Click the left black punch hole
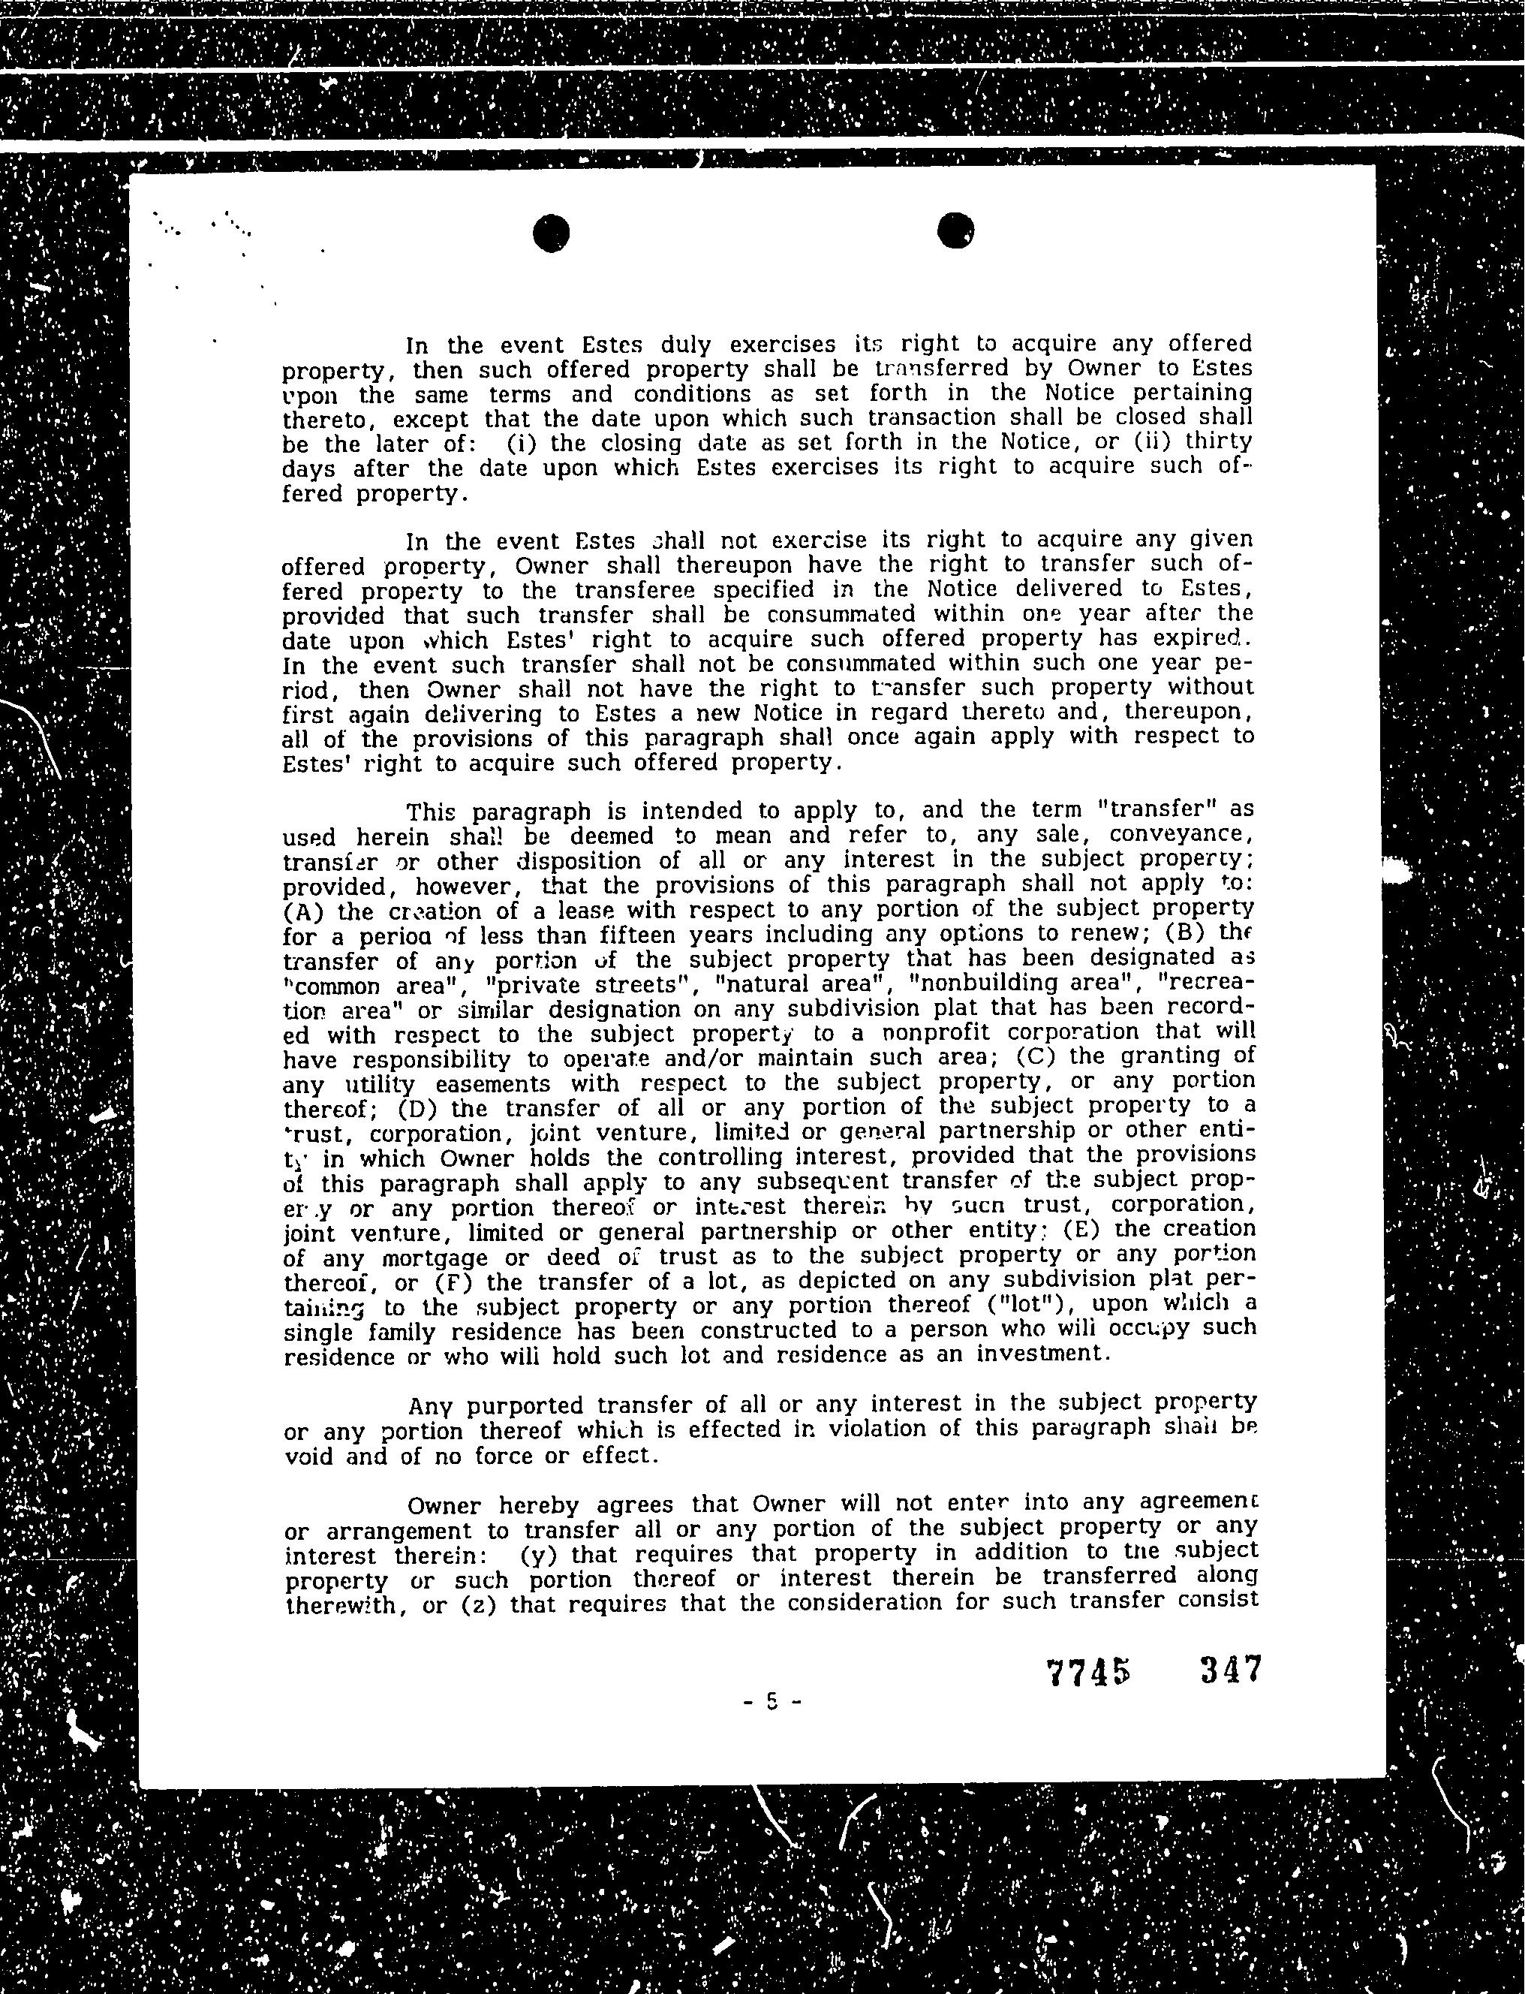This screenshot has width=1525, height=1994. click(x=551, y=233)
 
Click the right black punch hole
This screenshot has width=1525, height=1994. click(x=956, y=230)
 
